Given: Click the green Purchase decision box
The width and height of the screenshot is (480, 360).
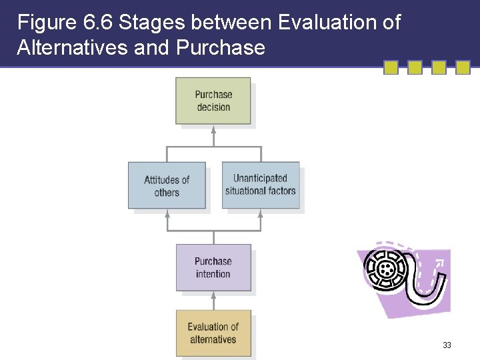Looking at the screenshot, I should point(213,101).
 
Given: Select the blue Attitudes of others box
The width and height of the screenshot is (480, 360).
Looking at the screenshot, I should point(167,185).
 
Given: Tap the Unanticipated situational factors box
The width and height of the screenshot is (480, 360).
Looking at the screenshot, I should point(260,185).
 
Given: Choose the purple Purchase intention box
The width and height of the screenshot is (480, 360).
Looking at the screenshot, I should point(213,267).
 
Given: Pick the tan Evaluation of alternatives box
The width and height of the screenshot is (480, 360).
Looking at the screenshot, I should point(213,333).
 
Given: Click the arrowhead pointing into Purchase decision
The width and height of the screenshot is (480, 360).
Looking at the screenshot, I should point(213,129).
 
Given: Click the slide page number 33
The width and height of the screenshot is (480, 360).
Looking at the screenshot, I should point(447,345).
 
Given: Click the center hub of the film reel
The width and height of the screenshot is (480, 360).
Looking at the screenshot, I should point(385,269).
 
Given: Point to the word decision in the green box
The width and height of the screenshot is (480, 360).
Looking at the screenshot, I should point(213,107).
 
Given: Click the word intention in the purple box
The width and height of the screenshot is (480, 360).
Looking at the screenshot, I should point(213,274).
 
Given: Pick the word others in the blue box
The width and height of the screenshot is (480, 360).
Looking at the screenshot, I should point(167,193).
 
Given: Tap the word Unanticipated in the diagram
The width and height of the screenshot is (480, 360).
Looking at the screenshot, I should point(260,178).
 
